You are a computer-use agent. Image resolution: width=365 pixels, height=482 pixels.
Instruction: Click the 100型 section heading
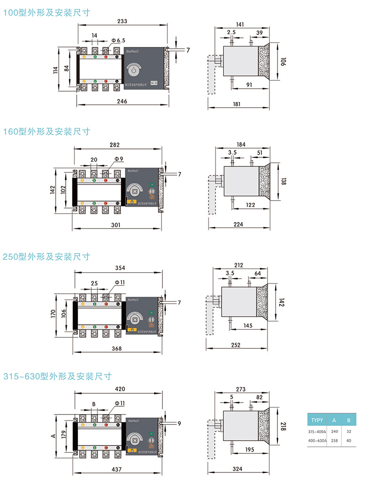coord(47,13)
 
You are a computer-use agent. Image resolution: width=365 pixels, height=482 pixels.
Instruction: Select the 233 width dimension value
coord(122,21)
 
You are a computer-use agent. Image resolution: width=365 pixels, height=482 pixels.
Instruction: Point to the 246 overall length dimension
coord(122,101)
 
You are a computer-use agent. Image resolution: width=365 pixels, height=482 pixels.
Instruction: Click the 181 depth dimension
coord(237,104)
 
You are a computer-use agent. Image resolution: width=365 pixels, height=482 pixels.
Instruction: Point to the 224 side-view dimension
coord(239,224)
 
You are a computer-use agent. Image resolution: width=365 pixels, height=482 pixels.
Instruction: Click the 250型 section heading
coord(47,256)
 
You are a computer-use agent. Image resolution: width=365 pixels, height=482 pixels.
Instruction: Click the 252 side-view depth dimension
coord(235,345)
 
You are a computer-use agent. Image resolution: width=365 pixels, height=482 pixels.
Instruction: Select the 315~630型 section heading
coord(57,377)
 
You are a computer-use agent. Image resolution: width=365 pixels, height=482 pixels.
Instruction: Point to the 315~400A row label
coord(317,431)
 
